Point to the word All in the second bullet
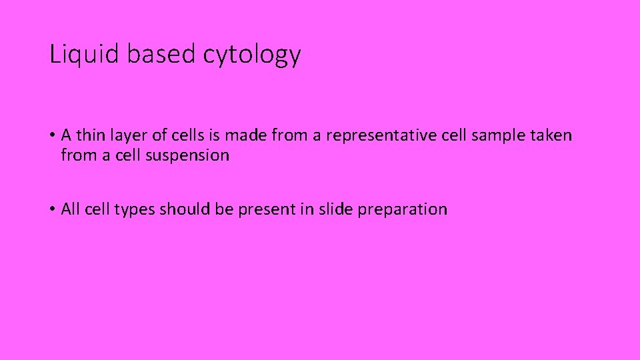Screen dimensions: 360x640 coord(69,209)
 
